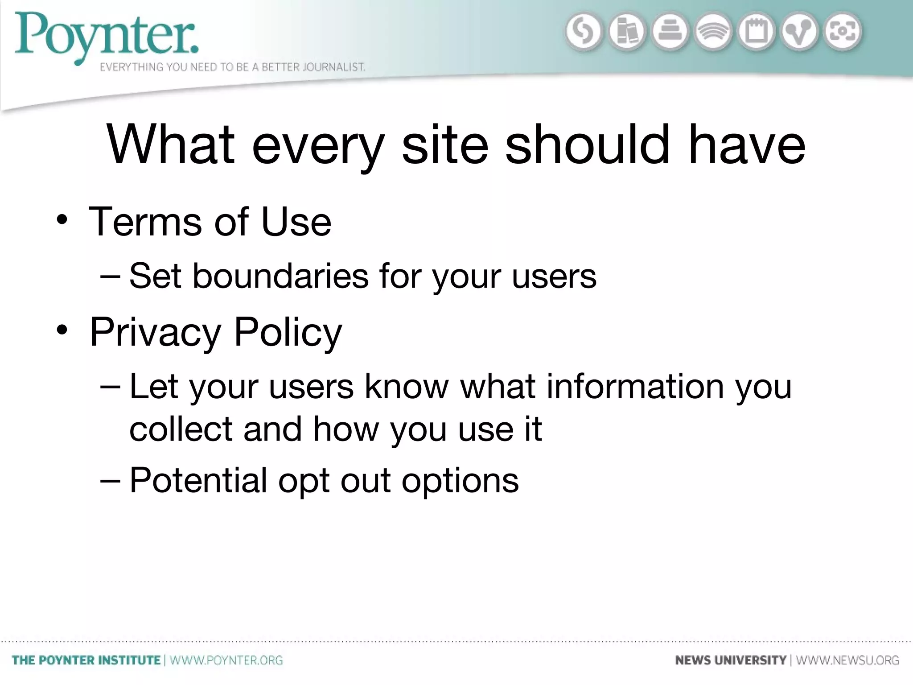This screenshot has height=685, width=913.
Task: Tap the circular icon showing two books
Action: pyautogui.click(x=626, y=32)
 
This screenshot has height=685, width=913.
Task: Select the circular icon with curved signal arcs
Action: pyautogui.click(x=713, y=32)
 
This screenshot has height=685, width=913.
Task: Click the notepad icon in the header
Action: pyautogui.click(x=757, y=32)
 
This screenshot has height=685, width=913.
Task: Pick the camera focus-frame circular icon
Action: pyautogui.click(x=843, y=32)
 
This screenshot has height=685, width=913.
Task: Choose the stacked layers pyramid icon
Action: pyautogui.click(x=670, y=32)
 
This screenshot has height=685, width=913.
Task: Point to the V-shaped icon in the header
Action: pyautogui.click(x=799, y=32)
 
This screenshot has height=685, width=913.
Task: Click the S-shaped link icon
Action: pyautogui.click(x=583, y=32)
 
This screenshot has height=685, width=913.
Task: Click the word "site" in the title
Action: pyautogui.click(x=445, y=145)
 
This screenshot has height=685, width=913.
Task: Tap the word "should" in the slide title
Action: pyautogui.click(x=587, y=145)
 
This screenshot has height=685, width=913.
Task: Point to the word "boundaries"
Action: pyautogui.click(x=280, y=276)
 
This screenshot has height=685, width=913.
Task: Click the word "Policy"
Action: pyautogui.click(x=288, y=332)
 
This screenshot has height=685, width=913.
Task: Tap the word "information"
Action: pyautogui.click(x=635, y=386)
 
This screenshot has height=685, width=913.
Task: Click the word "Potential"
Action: pyautogui.click(x=198, y=480)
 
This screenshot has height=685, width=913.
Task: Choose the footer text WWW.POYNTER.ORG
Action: pyautogui.click(x=226, y=660)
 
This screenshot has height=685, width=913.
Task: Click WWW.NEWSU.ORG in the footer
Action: pyautogui.click(x=847, y=660)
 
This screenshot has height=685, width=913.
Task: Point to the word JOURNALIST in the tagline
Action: pyautogui.click(x=334, y=67)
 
